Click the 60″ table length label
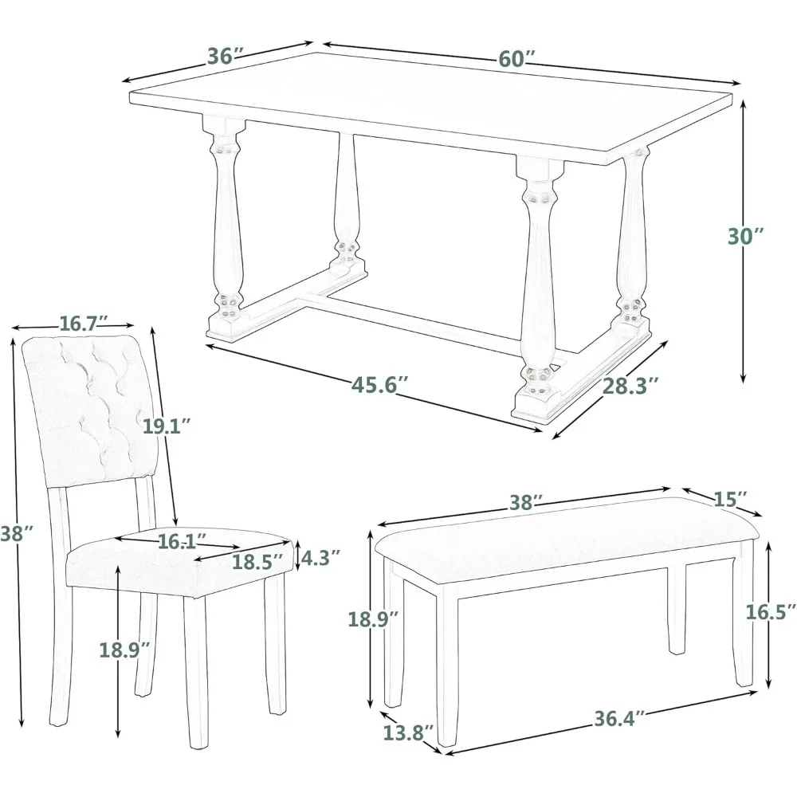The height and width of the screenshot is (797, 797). (x=516, y=59)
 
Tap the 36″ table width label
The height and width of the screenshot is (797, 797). (x=226, y=56)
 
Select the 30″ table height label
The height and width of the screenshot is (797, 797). (x=746, y=237)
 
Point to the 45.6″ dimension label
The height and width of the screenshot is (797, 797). (x=379, y=385)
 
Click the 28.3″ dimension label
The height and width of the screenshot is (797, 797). (x=630, y=386)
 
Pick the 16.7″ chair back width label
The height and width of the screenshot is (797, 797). (x=84, y=324)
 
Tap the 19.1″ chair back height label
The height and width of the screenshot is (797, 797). (x=167, y=426)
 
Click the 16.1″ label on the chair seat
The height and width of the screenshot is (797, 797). (x=182, y=541)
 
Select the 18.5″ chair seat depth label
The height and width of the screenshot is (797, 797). (x=257, y=562)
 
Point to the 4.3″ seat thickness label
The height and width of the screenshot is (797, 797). (x=320, y=558)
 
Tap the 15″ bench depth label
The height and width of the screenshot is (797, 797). (x=731, y=499)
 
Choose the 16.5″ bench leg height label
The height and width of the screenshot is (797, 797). (x=771, y=612)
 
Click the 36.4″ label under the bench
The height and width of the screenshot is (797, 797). (x=619, y=718)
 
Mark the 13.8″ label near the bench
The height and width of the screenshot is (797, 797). (x=408, y=733)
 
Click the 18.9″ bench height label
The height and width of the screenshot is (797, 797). (x=373, y=619)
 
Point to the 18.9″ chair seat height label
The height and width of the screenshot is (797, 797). (x=125, y=650)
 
